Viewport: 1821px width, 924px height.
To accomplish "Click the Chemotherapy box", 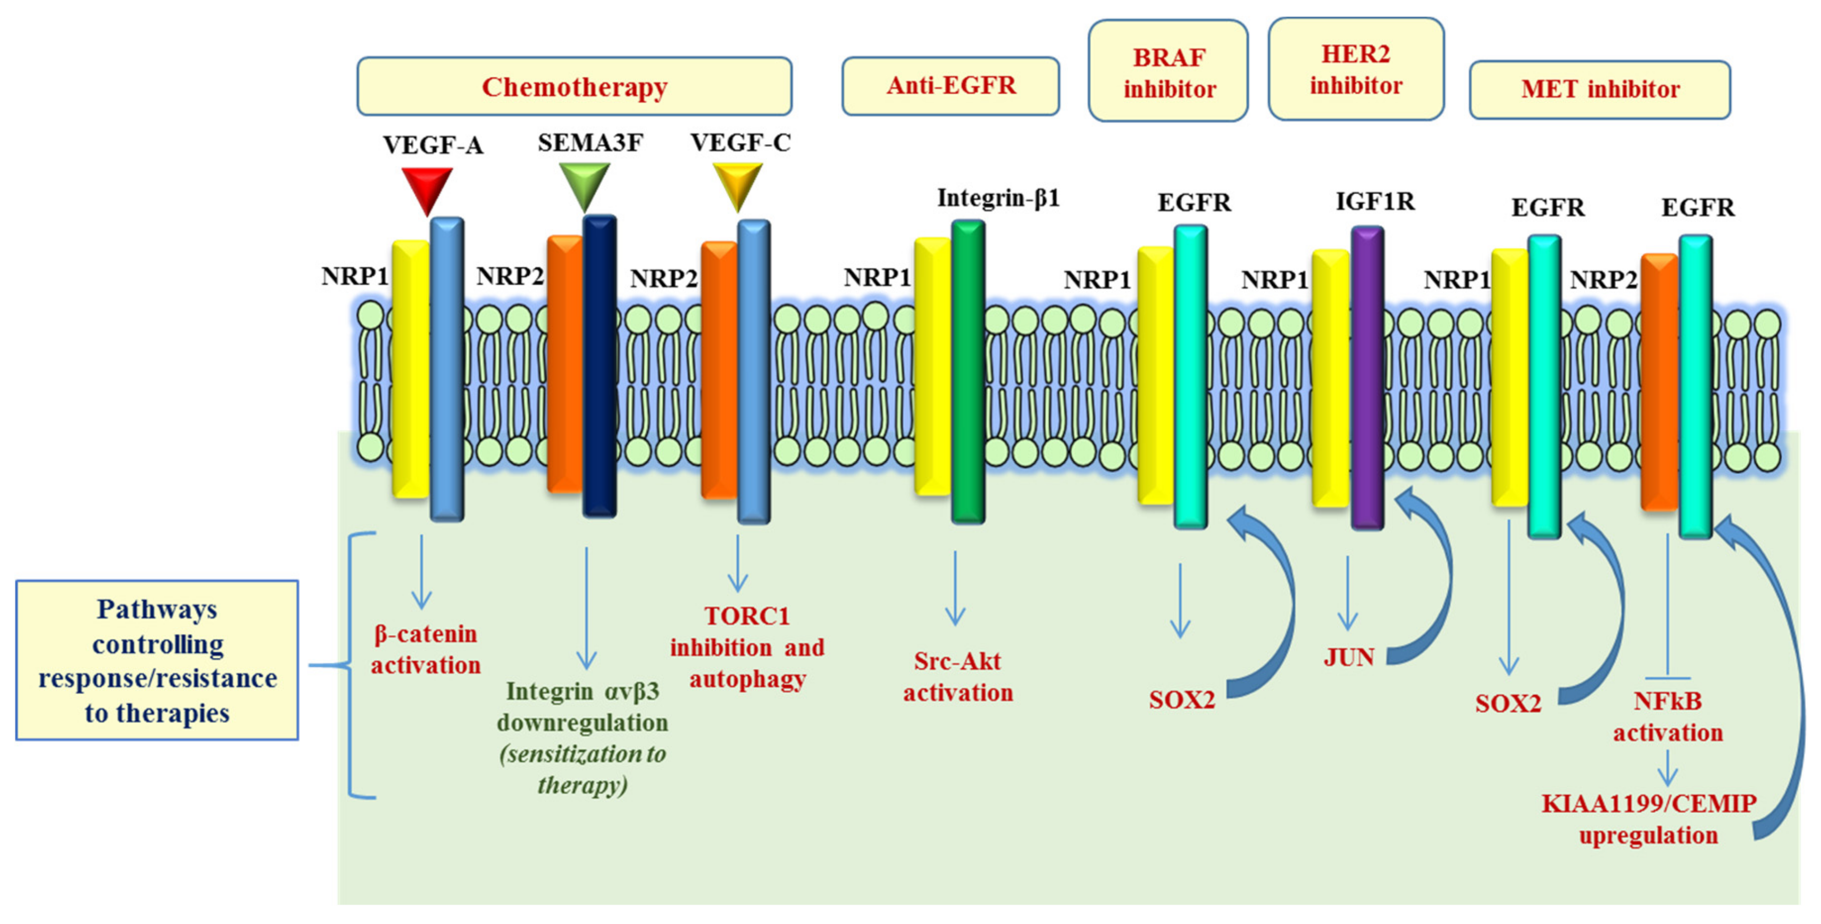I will coord(574,86).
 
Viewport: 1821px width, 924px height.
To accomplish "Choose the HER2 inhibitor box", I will coord(1355,69).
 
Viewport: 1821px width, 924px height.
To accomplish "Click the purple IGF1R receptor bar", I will coord(1367,378).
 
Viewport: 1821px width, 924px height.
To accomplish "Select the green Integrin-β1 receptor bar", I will coord(968,371).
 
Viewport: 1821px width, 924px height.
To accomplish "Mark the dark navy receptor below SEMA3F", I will coord(599,366).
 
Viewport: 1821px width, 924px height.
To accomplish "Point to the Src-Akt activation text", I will coord(958,677).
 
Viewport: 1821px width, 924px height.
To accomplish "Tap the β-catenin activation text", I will coord(426,649).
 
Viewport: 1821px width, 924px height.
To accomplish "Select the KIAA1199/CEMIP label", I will coord(1648,804).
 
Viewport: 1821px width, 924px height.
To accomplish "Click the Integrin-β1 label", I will coord(998,199).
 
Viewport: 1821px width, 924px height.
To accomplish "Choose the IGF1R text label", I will coord(1375,202).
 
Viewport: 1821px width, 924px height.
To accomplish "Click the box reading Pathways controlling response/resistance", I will coord(157,660).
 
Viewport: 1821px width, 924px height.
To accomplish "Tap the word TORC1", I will coord(746,616).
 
